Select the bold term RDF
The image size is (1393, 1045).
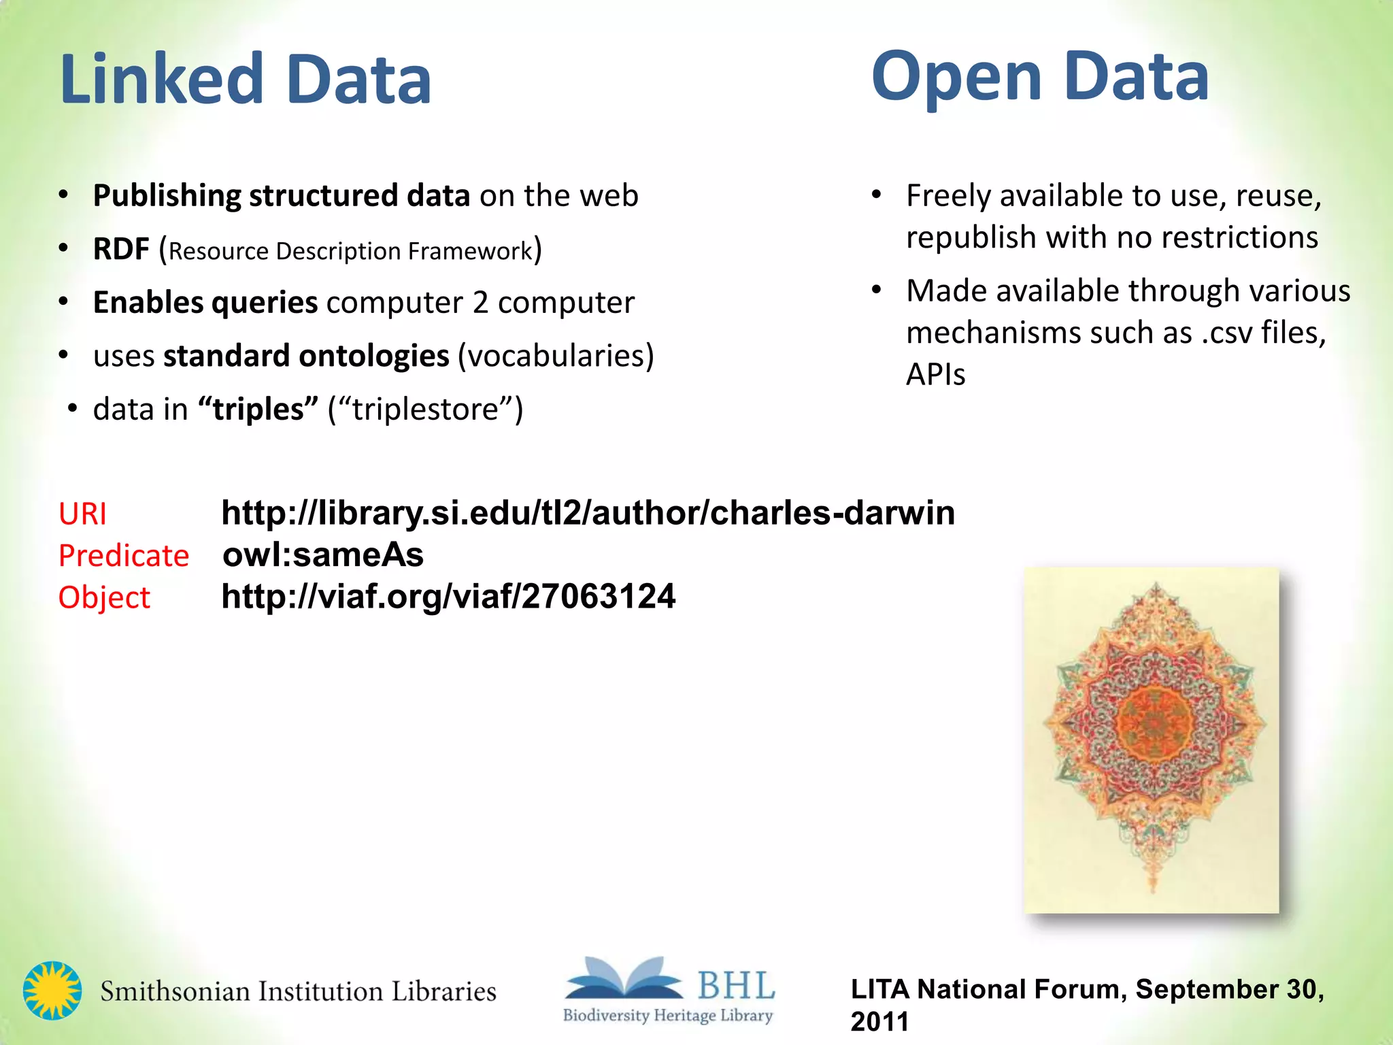click(x=121, y=249)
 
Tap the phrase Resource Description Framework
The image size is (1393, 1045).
click(x=350, y=251)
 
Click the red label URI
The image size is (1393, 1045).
click(x=82, y=514)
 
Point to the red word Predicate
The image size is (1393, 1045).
click(x=124, y=556)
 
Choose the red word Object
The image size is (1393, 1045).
click(x=104, y=597)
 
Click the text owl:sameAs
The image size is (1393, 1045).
click(x=323, y=555)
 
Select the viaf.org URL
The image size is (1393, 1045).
click(x=448, y=597)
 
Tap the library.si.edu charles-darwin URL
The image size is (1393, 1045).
click(x=588, y=513)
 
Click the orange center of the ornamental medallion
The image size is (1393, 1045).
click(x=1154, y=723)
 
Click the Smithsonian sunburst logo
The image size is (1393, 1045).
click(x=52, y=991)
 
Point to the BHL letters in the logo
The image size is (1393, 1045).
click(x=736, y=984)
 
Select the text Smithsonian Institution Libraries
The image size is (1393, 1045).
click(x=298, y=991)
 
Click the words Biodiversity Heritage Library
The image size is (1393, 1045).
click(x=667, y=1016)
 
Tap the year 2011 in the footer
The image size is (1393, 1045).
click(x=879, y=1022)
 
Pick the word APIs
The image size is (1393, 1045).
click(x=935, y=374)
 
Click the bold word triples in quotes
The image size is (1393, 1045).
click(x=258, y=410)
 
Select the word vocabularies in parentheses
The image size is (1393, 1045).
click(x=556, y=356)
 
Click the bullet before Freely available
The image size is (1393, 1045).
click(x=877, y=196)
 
